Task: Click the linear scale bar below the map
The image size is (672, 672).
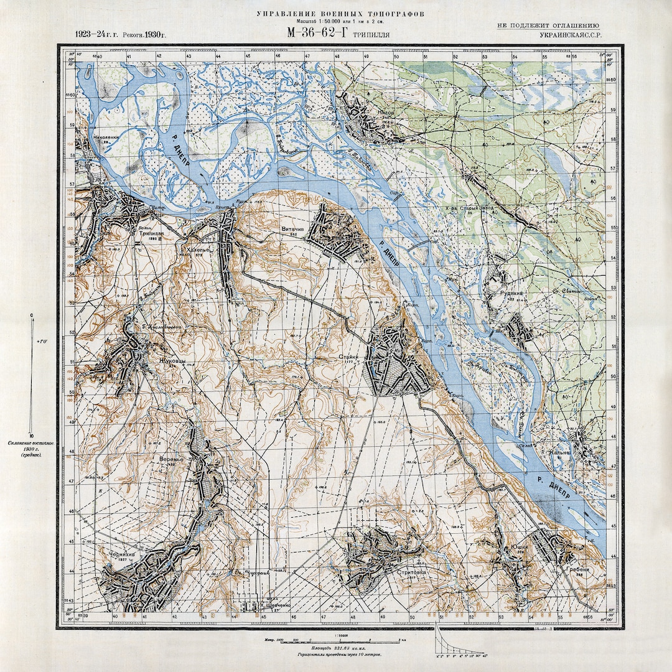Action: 335,640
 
